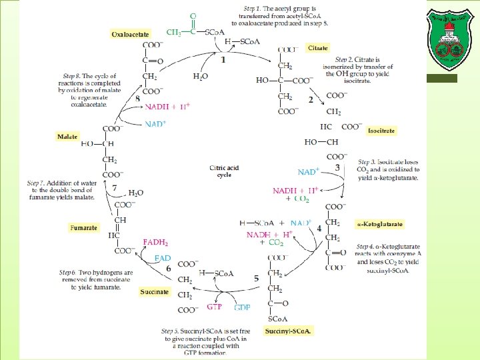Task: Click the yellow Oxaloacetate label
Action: tap(131, 33)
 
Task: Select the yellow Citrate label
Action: tap(317, 48)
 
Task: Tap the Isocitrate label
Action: tap(381, 131)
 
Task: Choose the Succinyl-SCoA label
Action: tap(288, 331)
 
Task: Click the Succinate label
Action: tap(154, 292)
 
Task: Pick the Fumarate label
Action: tap(85, 227)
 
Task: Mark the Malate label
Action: tap(67, 137)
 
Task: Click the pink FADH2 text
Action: tap(155, 242)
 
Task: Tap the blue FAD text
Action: tap(162, 258)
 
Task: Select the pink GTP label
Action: tap(214, 307)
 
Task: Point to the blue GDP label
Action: tap(242, 307)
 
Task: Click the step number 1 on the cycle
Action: tap(223, 60)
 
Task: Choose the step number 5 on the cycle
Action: tap(256, 278)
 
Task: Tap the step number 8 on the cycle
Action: tap(137, 98)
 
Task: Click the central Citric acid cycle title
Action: tap(224, 171)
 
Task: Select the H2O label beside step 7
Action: tap(135, 193)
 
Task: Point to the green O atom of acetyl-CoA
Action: tap(193, 15)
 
